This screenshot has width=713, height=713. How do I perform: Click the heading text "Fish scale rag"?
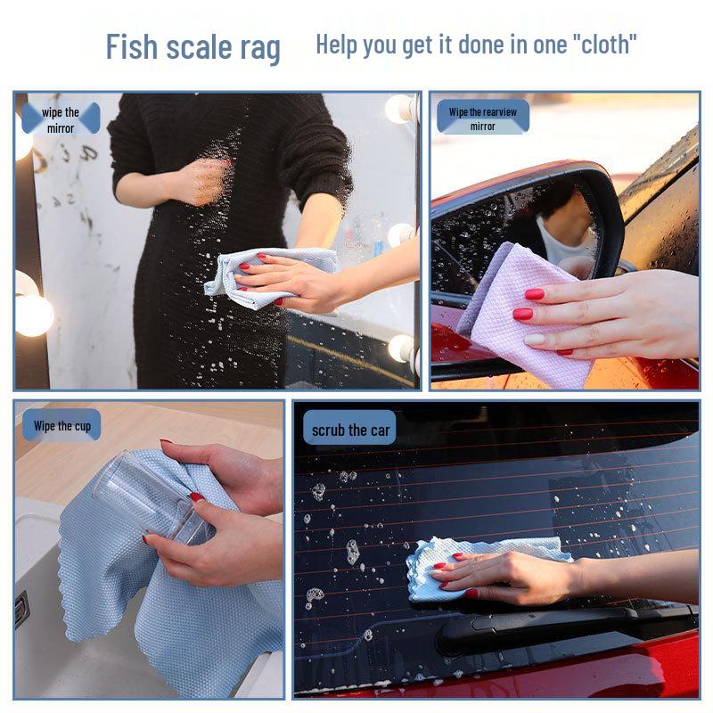pos(193,46)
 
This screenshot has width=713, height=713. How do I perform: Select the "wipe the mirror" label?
pos(61,119)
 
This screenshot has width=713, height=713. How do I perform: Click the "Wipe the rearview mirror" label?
pos(483,119)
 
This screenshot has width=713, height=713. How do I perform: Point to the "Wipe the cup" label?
pos(62,426)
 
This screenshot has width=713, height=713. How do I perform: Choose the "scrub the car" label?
pos(351,430)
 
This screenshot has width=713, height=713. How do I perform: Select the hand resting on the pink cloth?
pos(606,312)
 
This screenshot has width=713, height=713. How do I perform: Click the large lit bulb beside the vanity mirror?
pos(34,314)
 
